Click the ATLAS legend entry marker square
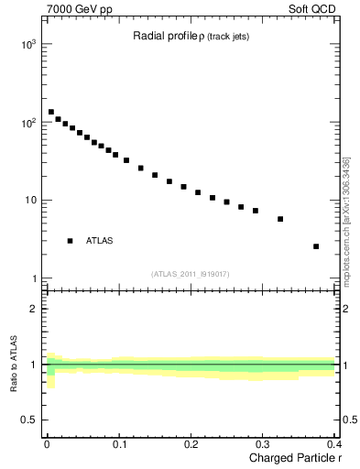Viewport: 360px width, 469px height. click(x=70, y=241)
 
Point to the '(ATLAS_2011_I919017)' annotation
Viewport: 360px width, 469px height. click(x=191, y=274)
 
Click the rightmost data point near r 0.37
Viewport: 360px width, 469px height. click(x=316, y=246)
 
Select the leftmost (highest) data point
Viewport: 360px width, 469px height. click(x=51, y=112)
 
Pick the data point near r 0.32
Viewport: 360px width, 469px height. click(x=280, y=219)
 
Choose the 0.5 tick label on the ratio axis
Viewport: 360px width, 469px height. click(x=28, y=420)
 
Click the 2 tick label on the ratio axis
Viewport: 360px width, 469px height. click(x=33, y=309)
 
